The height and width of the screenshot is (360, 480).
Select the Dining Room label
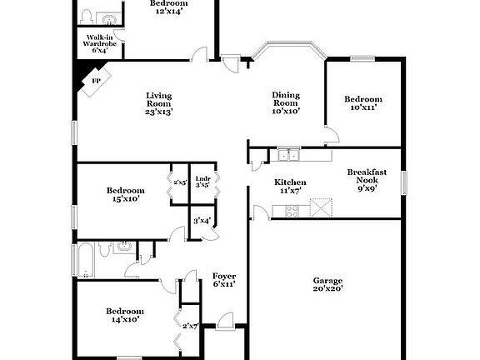pos(286,102)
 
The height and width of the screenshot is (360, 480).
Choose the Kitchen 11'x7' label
pos(290,186)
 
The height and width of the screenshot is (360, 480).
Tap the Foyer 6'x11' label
pos(223,279)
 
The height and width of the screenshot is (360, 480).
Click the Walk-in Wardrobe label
pos(100,43)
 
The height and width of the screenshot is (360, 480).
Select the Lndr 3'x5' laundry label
pos(202,182)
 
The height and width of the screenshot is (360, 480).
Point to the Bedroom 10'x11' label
pos(363,102)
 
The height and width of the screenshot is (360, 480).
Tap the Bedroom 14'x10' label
pos(121,314)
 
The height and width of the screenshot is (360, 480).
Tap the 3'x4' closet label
pos(202,221)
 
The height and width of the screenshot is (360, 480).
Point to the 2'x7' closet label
pos(191,326)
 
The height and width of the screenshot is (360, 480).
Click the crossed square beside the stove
pos(322,207)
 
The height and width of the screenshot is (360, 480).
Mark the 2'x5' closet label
pos(179,182)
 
